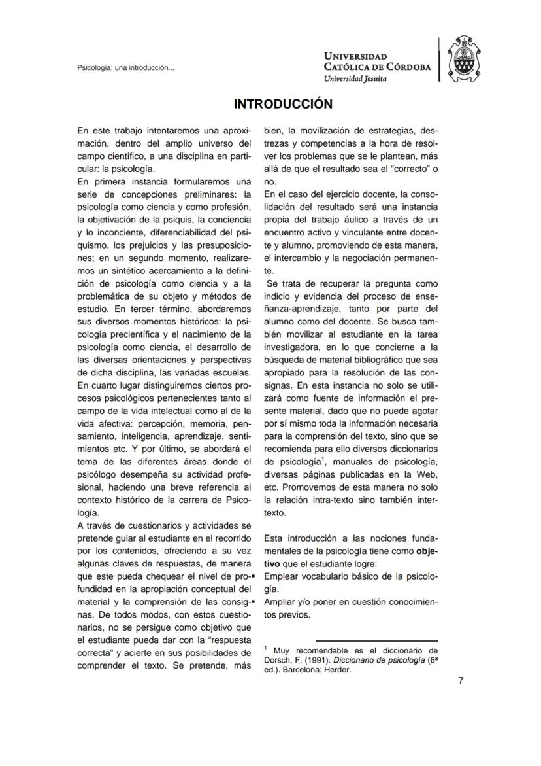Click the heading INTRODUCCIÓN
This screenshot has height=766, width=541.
[x=284, y=104]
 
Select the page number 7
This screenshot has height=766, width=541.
[x=461, y=681]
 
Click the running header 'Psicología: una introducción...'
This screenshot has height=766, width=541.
[x=125, y=67]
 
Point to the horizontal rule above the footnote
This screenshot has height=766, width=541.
[x=376, y=641]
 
